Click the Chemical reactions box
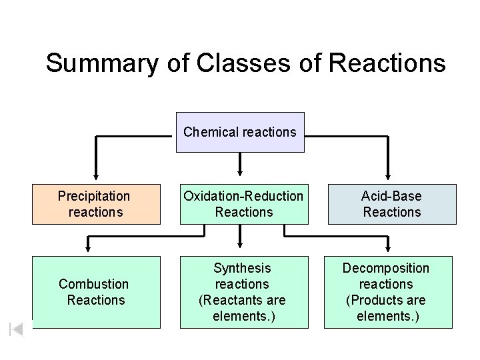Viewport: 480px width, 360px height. (x=239, y=132)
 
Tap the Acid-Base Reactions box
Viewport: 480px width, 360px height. (x=391, y=204)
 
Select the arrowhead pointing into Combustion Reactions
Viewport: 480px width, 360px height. (x=89, y=249)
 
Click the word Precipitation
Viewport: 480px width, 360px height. (x=94, y=196)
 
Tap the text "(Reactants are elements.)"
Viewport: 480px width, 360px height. (x=243, y=308)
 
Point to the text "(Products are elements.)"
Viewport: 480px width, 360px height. (x=387, y=308)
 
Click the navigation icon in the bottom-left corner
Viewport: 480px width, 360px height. (x=17, y=329)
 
